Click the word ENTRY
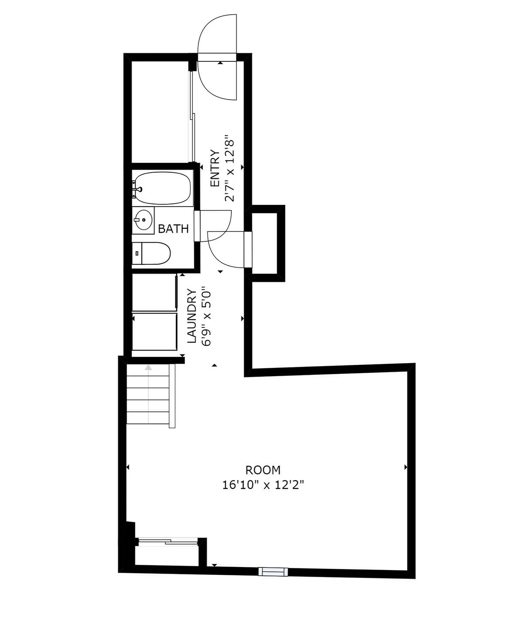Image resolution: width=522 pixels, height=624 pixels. pos(214,169)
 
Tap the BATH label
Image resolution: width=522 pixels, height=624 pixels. pos(173,229)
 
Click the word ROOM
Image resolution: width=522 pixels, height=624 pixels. pos(263,470)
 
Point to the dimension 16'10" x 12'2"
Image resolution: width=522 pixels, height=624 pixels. pos(263,484)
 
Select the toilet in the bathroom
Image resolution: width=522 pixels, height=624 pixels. pos(152,253)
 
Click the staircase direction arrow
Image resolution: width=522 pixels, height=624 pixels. pos(149,368)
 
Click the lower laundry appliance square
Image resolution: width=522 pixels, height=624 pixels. pos(154,331)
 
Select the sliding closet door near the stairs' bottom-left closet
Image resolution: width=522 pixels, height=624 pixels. pos(167,541)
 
